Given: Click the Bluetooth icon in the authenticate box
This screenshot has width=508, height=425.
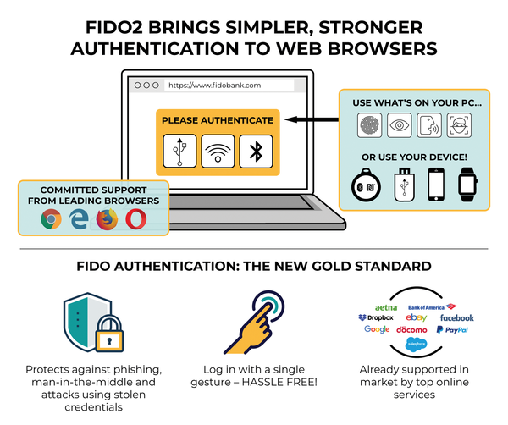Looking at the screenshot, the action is [256, 152].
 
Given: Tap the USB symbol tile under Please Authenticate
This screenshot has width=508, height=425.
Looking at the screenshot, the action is [179, 151].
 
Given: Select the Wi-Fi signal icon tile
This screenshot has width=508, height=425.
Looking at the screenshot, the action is [218, 152].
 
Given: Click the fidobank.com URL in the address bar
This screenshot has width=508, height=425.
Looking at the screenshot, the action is [214, 86].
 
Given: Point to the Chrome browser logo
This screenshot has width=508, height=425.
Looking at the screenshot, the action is [51, 219].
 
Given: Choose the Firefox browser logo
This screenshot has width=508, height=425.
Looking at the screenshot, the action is [107, 219].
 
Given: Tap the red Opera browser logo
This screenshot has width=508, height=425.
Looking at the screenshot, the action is [136, 219].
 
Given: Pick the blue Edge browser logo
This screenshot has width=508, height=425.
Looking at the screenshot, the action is [79, 219].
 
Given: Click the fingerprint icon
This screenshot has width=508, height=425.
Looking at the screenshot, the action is [369, 125].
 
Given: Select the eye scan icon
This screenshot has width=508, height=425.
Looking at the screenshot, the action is [400, 125].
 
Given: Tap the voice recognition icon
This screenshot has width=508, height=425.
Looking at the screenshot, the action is [429, 125].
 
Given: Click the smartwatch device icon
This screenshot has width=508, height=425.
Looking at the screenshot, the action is [467, 185].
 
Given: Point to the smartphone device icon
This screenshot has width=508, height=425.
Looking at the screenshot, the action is [436, 185].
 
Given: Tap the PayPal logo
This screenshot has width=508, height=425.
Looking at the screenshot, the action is [452, 330].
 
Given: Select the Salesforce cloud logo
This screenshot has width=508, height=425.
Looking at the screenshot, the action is [416, 344].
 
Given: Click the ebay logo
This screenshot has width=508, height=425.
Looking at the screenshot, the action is [417, 317].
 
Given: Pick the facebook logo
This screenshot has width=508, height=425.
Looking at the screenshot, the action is [457, 318].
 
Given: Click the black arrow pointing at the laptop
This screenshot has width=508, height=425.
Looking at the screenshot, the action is [312, 119].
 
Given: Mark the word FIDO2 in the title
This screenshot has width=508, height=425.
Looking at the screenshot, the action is [114, 28].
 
